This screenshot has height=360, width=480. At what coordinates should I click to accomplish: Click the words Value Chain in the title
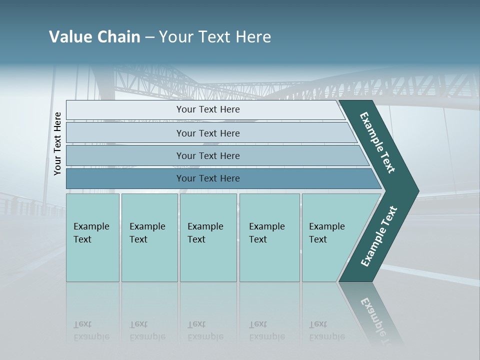tap(94, 37)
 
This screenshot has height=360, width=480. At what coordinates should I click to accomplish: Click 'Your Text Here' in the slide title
tap(215, 37)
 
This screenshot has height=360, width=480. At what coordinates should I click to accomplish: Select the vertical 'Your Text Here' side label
tap(57, 143)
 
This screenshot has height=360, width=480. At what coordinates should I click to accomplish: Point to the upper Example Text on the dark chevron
tap(377, 142)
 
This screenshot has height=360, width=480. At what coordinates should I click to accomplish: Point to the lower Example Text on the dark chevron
tap(379, 236)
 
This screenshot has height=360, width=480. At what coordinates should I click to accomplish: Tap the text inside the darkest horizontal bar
tap(208, 178)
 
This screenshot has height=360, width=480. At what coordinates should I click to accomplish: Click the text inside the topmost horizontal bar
tap(208, 109)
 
